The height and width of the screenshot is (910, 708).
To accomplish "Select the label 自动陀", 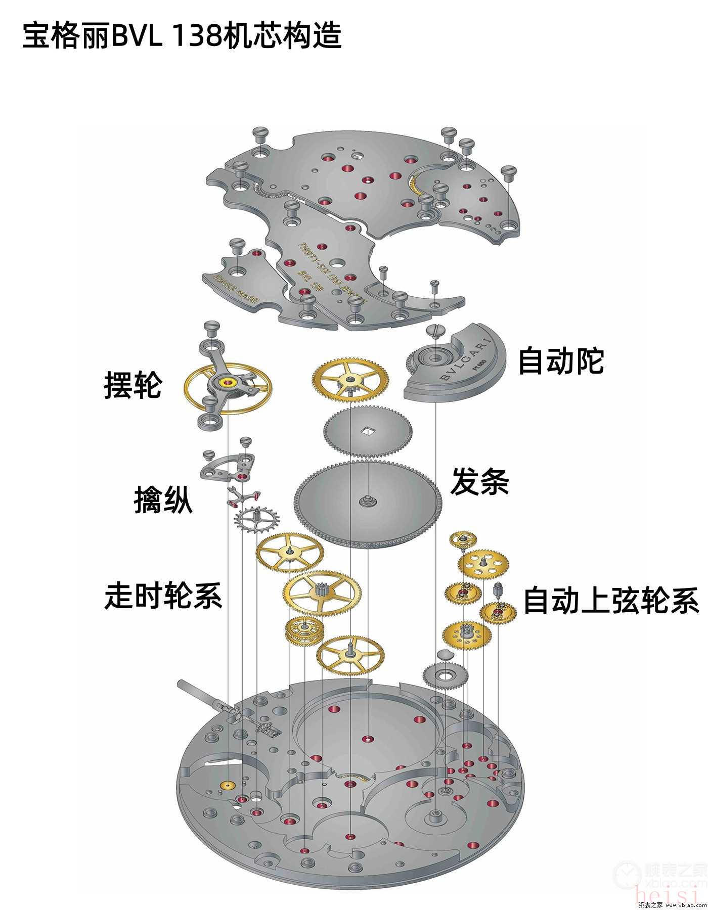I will (x=561, y=361).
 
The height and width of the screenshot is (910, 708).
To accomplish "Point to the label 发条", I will (x=479, y=481).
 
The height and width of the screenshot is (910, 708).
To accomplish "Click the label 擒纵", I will (x=163, y=500).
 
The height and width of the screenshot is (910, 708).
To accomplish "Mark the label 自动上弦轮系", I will (x=611, y=601).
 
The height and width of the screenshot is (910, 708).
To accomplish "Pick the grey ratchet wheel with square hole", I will (x=368, y=431).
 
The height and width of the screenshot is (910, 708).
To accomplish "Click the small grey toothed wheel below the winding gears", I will (x=446, y=675).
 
